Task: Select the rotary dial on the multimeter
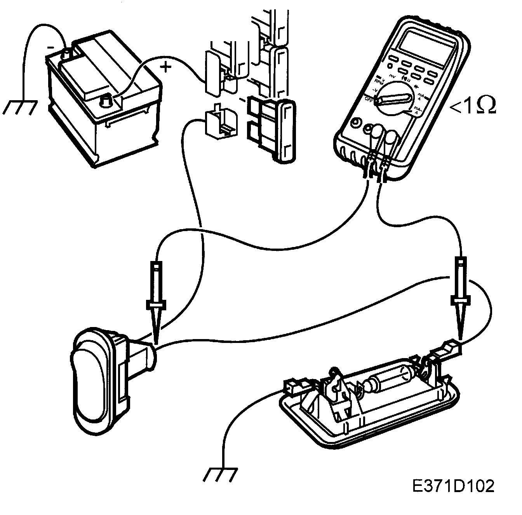396,99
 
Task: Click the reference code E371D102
454,486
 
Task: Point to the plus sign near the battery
165,68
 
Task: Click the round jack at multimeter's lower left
354,124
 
